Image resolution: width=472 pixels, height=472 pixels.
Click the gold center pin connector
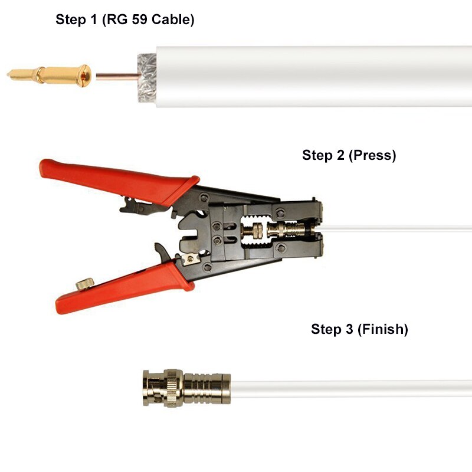pos(50,75)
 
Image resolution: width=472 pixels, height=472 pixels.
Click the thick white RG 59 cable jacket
pos(307,77)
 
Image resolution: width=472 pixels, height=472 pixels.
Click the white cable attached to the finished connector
pos(354,388)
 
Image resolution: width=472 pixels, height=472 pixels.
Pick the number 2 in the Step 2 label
pos(339,156)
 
